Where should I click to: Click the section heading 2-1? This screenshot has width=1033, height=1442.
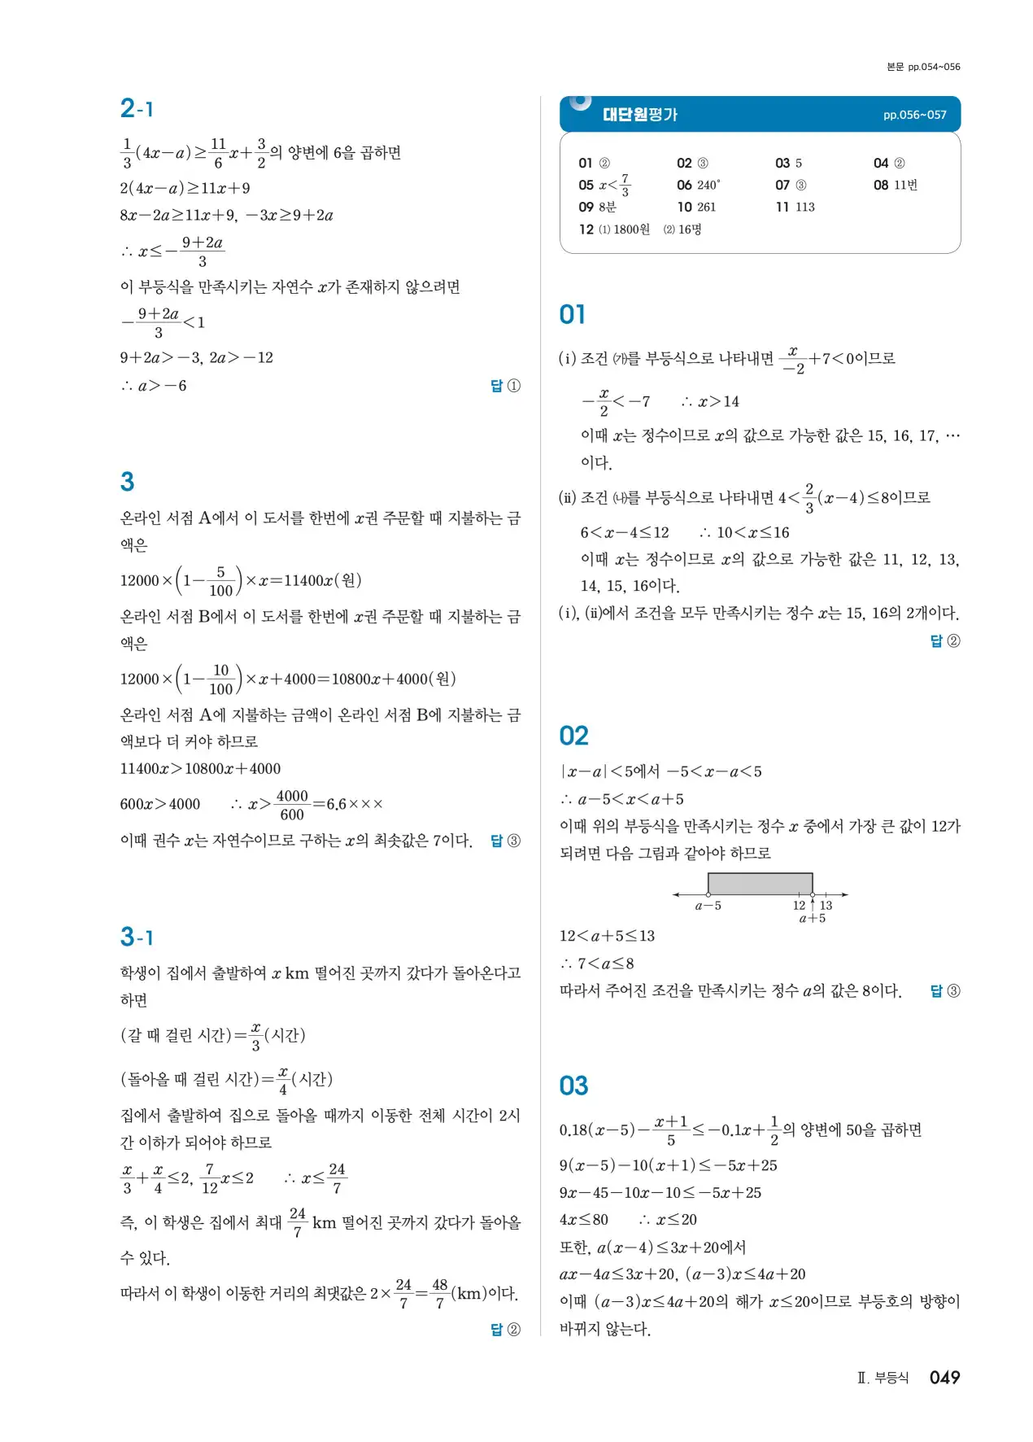[137, 108]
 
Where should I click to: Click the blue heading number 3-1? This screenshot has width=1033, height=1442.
[137, 937]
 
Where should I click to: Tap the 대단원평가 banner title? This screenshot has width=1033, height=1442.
[639, 115]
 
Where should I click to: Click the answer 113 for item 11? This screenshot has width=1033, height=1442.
[804, 208]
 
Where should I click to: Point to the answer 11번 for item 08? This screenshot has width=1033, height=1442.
[905, 186]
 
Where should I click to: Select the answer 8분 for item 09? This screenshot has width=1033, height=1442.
[607, 208]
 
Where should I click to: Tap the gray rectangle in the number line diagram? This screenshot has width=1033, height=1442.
[760, 884]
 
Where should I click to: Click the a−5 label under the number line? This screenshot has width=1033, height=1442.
[708, 906]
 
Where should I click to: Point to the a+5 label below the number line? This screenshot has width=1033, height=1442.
[812, 919]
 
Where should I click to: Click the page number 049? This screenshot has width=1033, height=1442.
[944, 1378]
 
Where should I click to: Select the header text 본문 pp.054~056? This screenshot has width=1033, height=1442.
[923, 67]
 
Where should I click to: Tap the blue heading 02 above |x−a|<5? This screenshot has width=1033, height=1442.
[573, 736]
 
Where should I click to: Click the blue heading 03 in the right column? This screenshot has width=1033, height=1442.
[573, 1086]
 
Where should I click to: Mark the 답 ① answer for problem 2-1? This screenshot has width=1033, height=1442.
[505, 386]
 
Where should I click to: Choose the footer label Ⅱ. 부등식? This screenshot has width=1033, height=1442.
[883, 1379]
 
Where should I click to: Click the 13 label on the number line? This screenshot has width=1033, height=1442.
[826, 906]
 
